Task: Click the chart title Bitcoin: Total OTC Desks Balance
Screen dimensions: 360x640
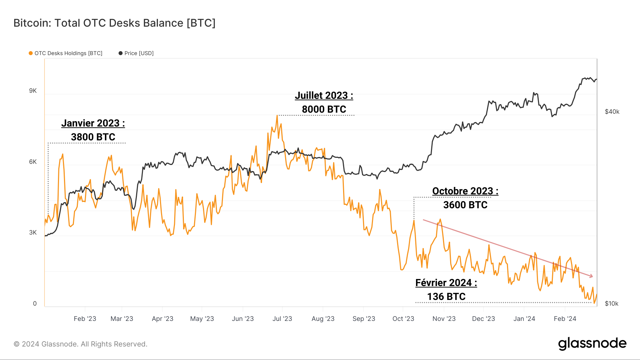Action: [114, 23]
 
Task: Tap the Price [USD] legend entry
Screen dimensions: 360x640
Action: [136, 53]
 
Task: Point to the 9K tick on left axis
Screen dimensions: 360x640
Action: [33, 91]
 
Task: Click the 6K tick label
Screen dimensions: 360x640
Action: [33, 162]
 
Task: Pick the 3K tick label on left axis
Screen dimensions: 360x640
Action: [33, 233]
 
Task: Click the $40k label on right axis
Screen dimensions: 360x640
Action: [612, 112]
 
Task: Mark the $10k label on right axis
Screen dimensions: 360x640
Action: [612, 304]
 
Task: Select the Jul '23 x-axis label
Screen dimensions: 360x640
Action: [282, 319]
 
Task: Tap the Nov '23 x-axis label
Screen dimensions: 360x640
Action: [444, 319]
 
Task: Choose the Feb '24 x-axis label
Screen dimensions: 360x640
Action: [565, 319]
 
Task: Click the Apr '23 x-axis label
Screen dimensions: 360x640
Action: [162, 319]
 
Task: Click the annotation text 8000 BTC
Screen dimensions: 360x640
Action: [324, 109]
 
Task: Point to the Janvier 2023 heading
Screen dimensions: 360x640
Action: [93, 123]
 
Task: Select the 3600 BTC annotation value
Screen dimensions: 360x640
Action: [465, 205]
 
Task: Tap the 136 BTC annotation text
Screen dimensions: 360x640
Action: [446, 297]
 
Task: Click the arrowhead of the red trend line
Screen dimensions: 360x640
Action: [591, 276]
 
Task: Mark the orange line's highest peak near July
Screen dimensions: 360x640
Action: [277, 115]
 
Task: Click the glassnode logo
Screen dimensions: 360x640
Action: [592, 344]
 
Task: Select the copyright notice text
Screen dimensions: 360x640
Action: [80, 344]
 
